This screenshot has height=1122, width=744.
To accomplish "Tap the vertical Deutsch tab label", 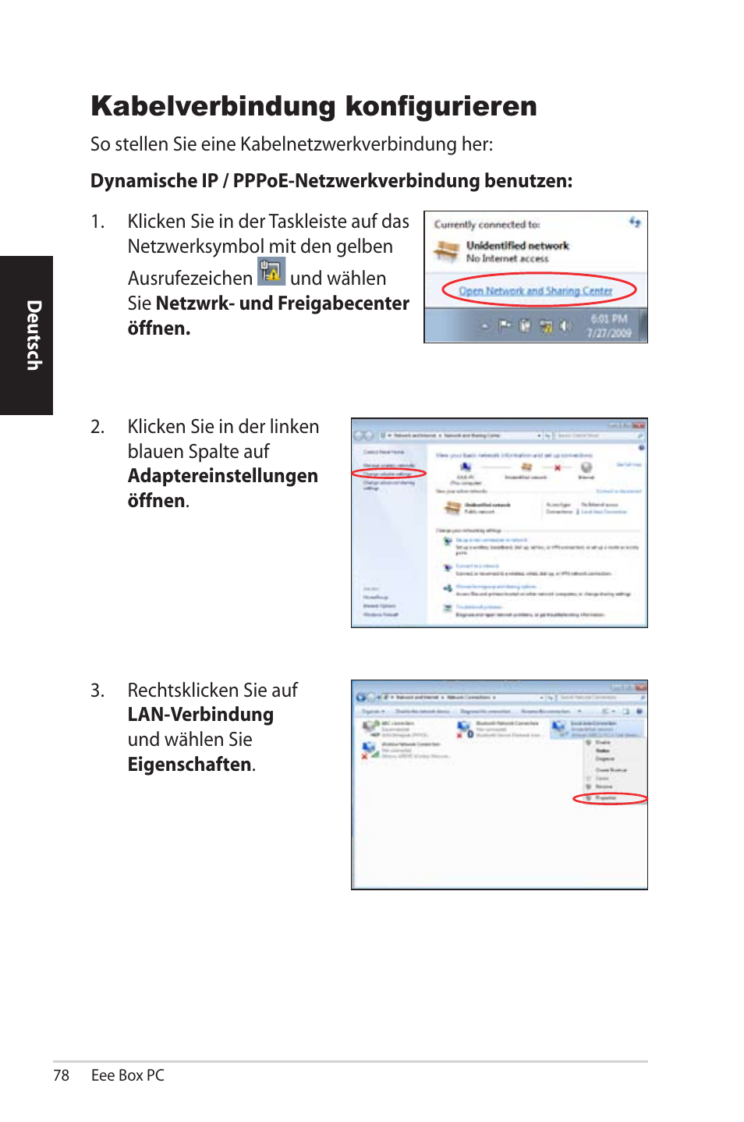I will tap(34, 335).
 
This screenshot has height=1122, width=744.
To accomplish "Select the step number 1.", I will tap(97, 222).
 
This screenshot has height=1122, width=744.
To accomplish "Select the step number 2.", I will tap(97, 427).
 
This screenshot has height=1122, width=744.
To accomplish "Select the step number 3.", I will tap(97, 691).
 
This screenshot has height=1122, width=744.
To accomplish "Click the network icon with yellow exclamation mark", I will tap(271, 272).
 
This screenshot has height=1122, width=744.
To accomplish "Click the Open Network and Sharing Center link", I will tap(535, 291).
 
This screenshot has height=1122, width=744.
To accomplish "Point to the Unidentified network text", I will tap(517, 246).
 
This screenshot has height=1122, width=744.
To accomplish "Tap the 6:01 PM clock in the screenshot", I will tap(608, 319).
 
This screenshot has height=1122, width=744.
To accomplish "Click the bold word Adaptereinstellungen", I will tap(222, 476).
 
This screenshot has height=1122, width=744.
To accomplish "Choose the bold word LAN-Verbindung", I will tap(200, 715).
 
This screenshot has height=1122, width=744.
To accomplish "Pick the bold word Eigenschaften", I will tap(190, 765).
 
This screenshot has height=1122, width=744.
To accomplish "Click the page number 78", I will tap(62, 1075).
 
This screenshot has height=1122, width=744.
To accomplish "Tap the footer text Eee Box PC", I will tap(128, 1075).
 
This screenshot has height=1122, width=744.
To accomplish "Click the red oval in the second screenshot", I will tap(389, 474).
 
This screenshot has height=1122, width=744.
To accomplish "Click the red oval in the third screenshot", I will tap(610, 798).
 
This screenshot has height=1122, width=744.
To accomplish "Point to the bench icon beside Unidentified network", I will tap(447, 250).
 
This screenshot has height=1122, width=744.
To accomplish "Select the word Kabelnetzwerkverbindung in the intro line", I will tap(348, 144).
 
